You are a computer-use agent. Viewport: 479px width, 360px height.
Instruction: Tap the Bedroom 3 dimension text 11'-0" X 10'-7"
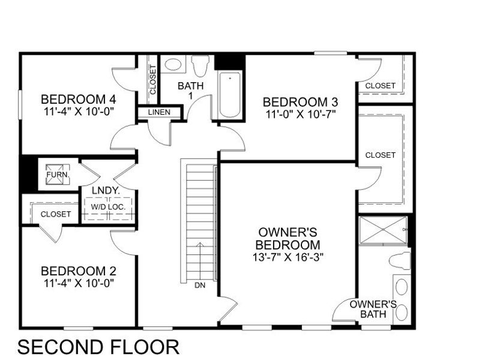click(x=300, y=113)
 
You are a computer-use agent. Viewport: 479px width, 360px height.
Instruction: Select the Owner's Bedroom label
click(x=288, y=238)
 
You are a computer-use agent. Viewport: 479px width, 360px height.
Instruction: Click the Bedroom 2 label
click(x=78, y=271)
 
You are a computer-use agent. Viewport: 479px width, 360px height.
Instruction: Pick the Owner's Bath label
click(x=373, y=308)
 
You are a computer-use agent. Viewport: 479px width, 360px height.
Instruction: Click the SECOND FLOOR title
click(x=98, y=346)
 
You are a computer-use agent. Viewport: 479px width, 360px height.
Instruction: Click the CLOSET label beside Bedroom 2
click(x=56, y=214)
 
